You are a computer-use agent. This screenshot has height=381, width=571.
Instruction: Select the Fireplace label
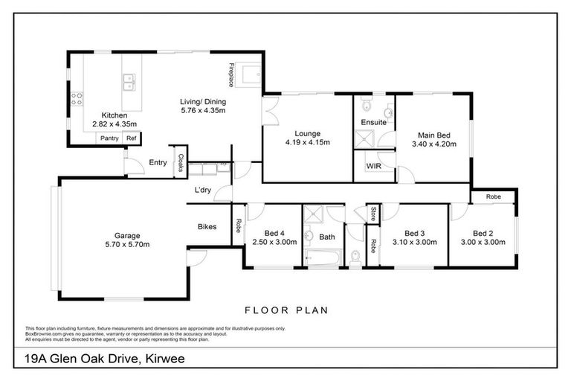232,74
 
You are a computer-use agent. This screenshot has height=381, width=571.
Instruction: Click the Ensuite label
374,122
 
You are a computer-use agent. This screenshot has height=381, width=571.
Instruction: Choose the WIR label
373,167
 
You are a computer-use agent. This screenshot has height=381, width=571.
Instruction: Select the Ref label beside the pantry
131,138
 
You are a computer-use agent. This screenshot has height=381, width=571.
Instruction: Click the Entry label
158,162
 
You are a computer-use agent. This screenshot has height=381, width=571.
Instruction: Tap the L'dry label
202,190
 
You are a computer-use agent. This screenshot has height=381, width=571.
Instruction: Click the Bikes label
207,226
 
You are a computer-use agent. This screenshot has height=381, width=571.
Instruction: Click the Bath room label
328,237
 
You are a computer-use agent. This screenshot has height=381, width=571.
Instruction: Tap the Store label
372,214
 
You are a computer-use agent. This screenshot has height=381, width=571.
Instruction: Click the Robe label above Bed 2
493,196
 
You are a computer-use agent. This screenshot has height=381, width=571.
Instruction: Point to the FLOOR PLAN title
285,310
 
